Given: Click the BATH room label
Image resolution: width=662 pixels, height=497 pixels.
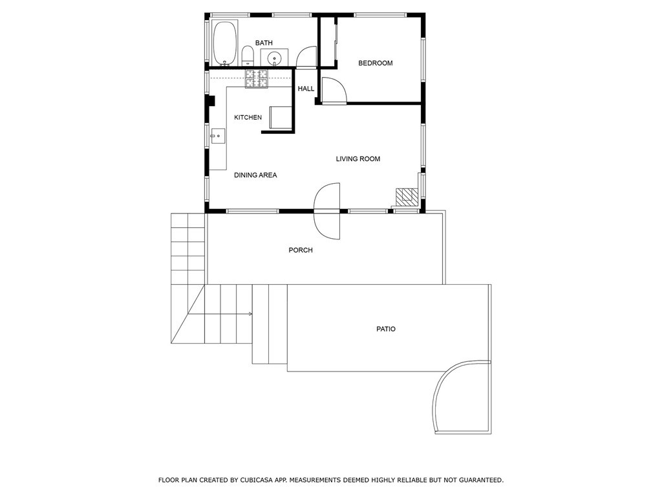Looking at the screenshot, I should point(264,43).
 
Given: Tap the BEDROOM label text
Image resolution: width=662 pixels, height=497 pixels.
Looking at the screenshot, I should point(376,63).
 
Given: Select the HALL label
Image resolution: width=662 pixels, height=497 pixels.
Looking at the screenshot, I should point(306,89).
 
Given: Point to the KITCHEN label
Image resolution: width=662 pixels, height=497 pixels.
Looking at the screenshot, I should point(248,118).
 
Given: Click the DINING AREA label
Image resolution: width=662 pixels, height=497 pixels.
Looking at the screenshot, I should point(255,175).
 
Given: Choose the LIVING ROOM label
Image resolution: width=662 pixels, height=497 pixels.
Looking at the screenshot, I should point(358,159).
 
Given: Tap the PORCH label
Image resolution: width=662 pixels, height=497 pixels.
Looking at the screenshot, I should point(301,250).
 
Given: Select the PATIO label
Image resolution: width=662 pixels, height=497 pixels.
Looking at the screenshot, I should point(386,329).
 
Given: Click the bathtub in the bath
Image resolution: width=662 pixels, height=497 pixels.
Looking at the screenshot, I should point(225,43).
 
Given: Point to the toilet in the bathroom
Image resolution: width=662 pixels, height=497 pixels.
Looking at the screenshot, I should point(247,55).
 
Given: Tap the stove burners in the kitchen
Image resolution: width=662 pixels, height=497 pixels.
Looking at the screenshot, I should point(257,78).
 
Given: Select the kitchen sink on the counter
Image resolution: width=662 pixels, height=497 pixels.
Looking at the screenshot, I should point(217,136).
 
